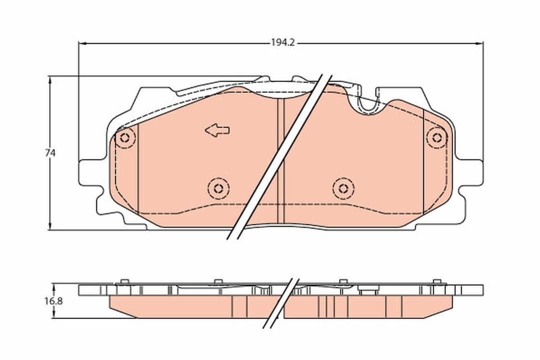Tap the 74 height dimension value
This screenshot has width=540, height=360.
[50, 153]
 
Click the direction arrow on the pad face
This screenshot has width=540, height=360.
[217, 130]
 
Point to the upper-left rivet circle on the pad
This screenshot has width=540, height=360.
[124, 138]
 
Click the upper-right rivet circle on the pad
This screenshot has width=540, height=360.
[437, 137]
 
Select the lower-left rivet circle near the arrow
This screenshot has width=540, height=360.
[218, 188]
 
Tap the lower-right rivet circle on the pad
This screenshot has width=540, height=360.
[343, 188]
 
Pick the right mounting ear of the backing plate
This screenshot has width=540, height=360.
[472, 173]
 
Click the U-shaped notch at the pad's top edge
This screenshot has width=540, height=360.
[369, 103]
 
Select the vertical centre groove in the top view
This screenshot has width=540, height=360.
[280, 160]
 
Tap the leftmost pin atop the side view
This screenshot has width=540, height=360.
[125, 281]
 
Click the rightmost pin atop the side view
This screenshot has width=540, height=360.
[436, 281]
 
